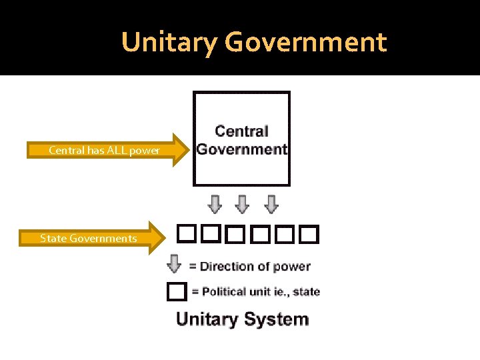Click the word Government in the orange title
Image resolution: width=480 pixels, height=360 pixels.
[x=305, y=43]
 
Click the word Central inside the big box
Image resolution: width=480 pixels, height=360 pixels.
[x=241, y=131]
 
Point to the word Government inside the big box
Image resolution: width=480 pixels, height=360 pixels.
[x=241, y=149]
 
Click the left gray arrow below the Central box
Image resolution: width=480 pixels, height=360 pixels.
[x=215, y=204]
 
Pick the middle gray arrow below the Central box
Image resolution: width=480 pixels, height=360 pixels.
[x=243, y=204]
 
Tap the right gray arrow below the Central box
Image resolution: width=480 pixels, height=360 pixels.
[x=271, y=204]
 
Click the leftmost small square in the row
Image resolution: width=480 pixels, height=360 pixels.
[x=185, y=234]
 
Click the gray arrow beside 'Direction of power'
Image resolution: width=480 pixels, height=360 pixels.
[x=174, y=264]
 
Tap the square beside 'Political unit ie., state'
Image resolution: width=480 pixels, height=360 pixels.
[x=176, y=291]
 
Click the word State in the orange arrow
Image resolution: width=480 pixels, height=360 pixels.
[x=51, y=239]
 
